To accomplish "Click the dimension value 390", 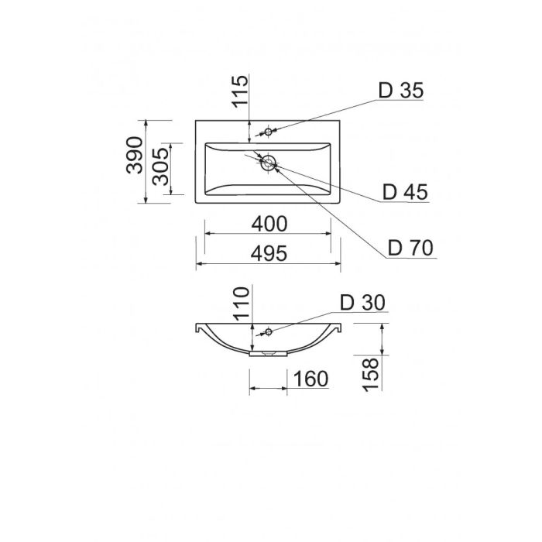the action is (135, 155).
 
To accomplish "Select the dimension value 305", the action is (161, 167).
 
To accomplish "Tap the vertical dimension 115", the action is (240, 91).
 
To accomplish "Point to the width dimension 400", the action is (269, 224).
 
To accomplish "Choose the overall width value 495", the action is (269, 254).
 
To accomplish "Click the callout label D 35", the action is (401, 91).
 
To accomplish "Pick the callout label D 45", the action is (405, 192).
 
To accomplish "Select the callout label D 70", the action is (410, 248).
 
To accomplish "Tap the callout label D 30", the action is (362, 303).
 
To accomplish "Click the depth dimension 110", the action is (242, 304).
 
